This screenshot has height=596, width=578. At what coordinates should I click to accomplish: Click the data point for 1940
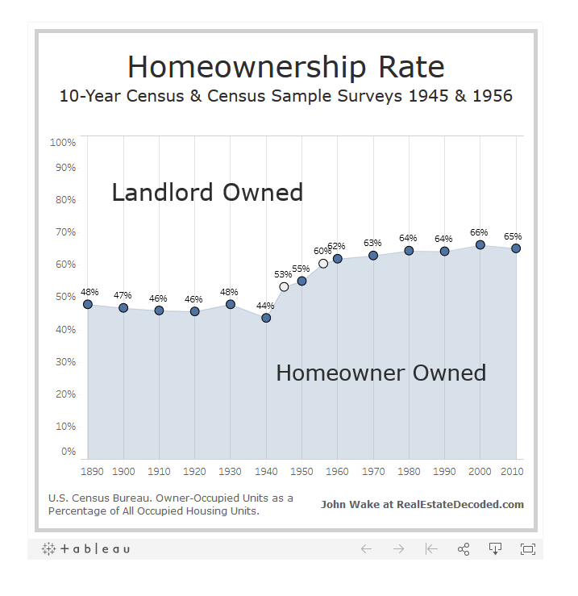[x=266, y=318]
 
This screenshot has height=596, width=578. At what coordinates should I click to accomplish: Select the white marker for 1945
[x=284, y=287]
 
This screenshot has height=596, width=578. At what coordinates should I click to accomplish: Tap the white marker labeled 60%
[x=323, y=264]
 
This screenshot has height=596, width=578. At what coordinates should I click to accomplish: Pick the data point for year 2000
[x=480, y=245]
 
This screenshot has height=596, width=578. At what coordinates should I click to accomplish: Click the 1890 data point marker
[x=88, y=304]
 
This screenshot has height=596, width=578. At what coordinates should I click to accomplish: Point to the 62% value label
[x=336, y=246]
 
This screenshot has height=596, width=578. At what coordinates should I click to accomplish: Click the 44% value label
[x=265, y=306]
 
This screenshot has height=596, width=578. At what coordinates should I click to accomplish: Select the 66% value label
[x=480, y=232]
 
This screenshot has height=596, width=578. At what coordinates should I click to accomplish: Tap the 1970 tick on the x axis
[x=373, y=471]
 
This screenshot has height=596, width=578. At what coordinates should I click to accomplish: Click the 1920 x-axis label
[x=194, y=471]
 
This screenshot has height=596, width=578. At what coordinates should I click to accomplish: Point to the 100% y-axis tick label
[x=63, y=143]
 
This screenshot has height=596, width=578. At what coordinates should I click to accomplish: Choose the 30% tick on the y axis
[x=65, y=362]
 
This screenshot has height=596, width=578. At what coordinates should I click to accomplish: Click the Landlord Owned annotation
[x=207, y=193]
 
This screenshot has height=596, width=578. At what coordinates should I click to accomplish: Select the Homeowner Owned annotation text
[x=380, y=373]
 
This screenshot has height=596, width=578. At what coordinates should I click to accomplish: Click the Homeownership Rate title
[x=285, y=66]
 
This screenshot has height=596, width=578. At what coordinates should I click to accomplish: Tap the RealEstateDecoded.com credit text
[x=422, y=505]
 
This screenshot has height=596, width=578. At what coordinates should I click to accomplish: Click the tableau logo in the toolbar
[x=85, y=549]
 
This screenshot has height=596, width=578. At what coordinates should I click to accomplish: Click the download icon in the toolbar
[x=496, y=549]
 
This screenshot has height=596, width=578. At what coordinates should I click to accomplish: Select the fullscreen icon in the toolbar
[x=528, y=549]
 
